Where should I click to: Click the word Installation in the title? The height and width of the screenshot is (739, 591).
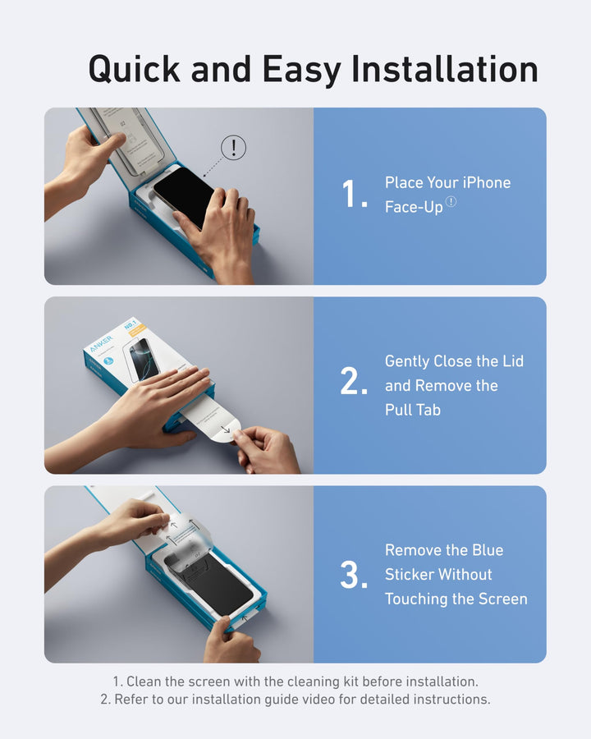tap(445, 69)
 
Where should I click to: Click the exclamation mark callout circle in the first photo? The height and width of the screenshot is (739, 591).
tap(234, 148)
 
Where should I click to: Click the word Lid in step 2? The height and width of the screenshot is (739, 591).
tap(512, 361)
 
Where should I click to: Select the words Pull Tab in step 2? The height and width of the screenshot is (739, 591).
tap(413, 409)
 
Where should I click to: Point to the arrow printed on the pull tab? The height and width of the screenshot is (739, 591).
tap(226, 428)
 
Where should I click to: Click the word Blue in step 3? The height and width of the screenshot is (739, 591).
tap(488, 550)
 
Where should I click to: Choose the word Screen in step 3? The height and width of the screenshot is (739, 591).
tap(501, 599)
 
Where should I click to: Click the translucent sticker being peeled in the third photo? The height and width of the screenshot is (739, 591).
tap(190, 533)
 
